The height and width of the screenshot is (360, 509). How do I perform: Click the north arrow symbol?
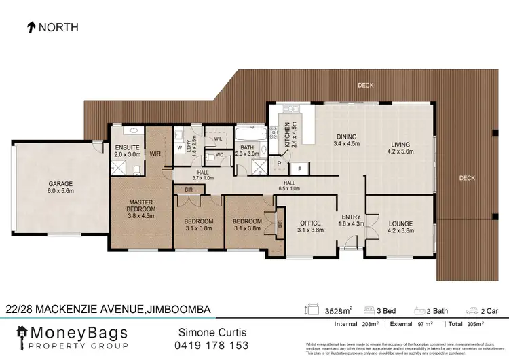[x=31, y=28]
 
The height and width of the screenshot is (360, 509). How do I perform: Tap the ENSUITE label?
[x=127, y=147]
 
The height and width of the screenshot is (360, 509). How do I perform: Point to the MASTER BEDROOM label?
[x=143, y=205]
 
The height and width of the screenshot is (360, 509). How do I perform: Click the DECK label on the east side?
[x=466, y=179]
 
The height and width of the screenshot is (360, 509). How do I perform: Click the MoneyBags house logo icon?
[x=22, y=334]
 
